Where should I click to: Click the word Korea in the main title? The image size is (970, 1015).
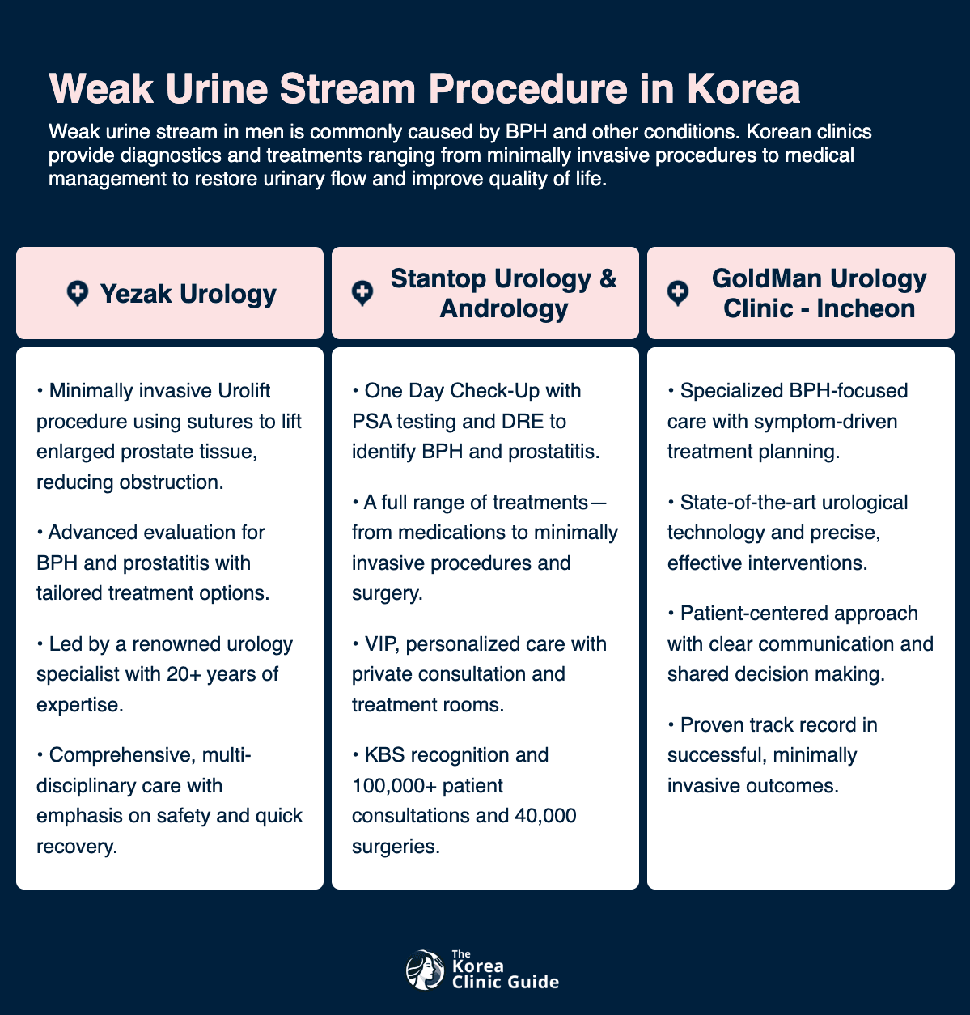pyautogui.click(x=743, y=89)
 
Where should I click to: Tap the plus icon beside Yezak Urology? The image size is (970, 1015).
pyautogui.click(x=78, y=293)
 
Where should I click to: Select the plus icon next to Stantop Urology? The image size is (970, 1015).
pyautogui.click(x=362, y=293)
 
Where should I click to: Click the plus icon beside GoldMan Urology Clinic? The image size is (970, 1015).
pyautogui.click(x=678, y=293)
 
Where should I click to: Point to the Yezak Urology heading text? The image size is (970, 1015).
pyautogui.click(x=188, y=293)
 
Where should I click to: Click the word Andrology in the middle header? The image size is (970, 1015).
pyautogui.click(x=503, y=308)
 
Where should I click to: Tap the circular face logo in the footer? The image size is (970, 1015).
pyautogui.click(x=425, y=970)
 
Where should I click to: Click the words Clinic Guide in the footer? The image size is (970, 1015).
pyautogui.click(x=505, y=983)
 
